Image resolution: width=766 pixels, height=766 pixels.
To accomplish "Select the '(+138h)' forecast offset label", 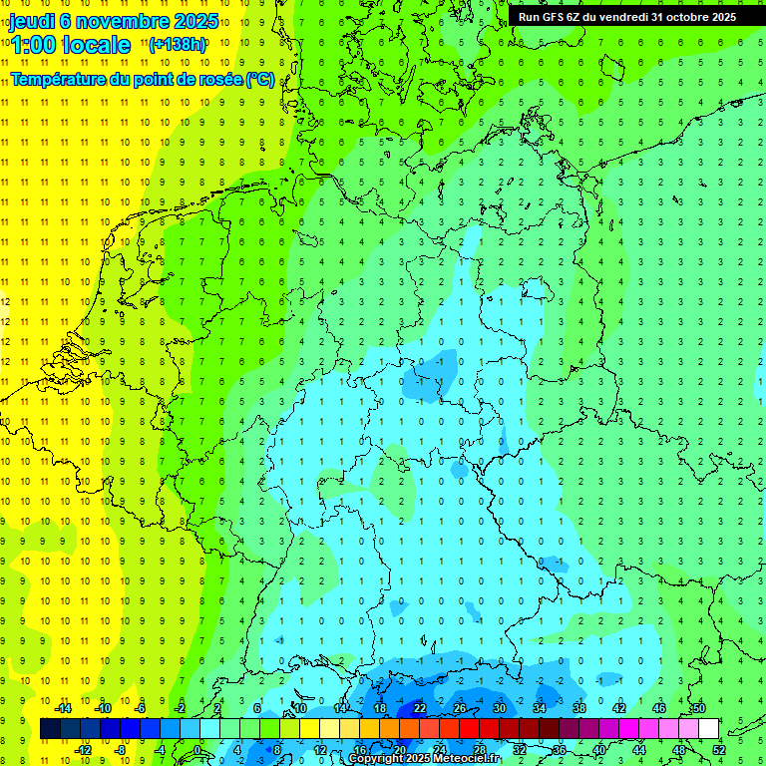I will coord(178,45).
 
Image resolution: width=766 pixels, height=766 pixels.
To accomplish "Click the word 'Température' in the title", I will coord(56,79).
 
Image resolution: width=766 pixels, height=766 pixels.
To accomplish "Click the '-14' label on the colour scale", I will coord(63,708).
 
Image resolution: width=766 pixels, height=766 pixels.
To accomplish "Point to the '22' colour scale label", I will coord(420,708).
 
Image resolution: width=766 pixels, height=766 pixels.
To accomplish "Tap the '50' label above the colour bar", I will coord(699,708).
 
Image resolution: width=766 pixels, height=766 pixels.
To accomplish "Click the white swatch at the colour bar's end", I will coord(709,729).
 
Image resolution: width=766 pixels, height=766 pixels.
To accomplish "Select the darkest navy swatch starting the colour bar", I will coord(50,729).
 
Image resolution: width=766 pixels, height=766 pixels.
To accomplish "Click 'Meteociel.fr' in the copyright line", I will coord(464,759).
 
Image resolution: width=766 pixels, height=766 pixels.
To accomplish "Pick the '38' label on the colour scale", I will coord(579,708).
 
